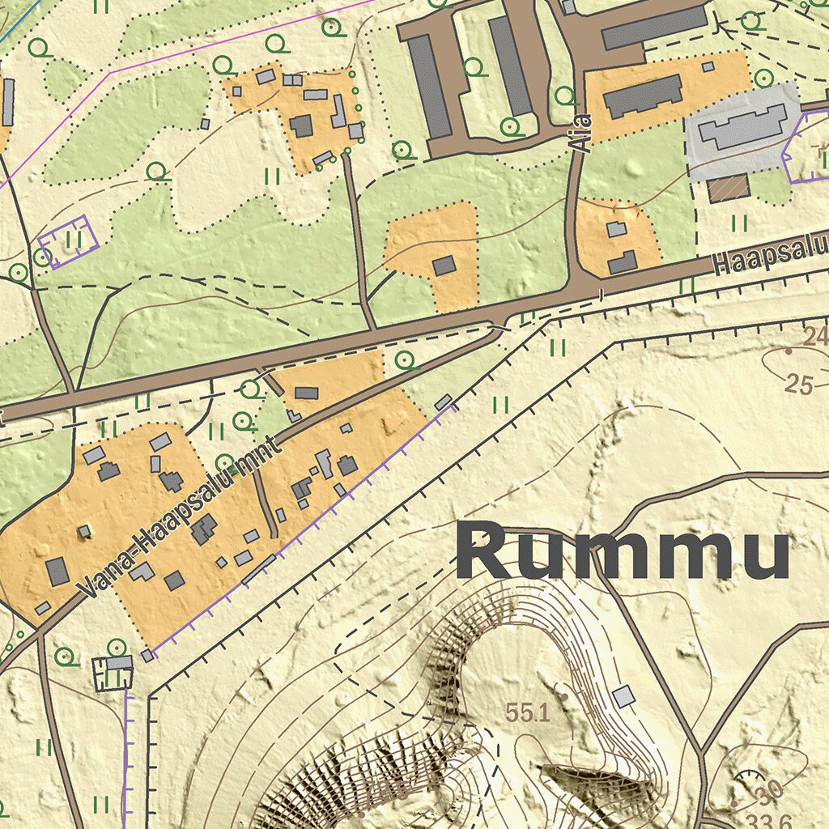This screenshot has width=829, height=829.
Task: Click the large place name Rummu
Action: pos(622,551)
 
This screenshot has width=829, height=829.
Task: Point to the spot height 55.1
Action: pos(528,713)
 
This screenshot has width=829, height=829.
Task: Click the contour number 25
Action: pos(798,385)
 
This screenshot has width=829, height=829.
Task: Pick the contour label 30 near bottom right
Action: pos(769,790)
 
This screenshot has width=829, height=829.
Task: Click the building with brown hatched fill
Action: pos(729,188)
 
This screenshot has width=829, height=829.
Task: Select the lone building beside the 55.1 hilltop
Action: pos(623,696)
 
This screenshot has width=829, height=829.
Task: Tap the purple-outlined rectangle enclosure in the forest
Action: pos(69,240)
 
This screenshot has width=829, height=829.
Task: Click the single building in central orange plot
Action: pos(444,266)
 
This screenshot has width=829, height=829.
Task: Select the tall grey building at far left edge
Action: pos(8,102)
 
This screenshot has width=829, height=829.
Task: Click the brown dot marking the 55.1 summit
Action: pos(564,695)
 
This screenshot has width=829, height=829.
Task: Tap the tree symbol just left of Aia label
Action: pos(566,96)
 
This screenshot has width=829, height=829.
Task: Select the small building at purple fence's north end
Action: pos(443,402)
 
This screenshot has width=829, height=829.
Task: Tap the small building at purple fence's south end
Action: pos(147,656)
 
